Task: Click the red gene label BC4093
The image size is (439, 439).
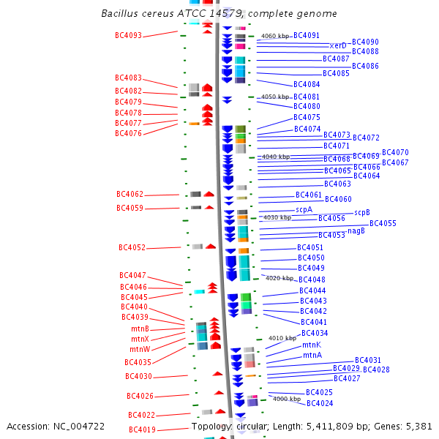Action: (x=128, y=35)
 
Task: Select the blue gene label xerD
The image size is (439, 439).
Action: (x=337, y=45)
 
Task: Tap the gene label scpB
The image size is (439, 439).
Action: (x=362, y=213)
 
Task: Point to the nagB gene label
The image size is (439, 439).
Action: (x=356, y=230)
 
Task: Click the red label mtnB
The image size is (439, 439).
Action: (x=140, y=329)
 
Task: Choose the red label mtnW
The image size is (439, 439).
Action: (x=140, y=349)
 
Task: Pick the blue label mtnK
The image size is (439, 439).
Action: (x=312, y=345)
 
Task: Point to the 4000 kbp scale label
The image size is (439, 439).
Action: (x=287, y=399)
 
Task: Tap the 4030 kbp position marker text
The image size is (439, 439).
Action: (x=277, y=217)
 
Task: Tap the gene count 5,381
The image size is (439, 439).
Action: (x=419, y=426)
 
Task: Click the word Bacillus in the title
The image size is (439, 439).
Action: (x=121, y=14)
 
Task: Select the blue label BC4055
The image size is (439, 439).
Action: (x=383, y=223)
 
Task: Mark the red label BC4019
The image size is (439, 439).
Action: (x=142, y=430)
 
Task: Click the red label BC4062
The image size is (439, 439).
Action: (x=130, y=195)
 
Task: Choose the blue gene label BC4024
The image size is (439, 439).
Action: (x=320, y=403)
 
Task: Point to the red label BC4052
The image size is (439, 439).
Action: (x=132, y=247)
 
